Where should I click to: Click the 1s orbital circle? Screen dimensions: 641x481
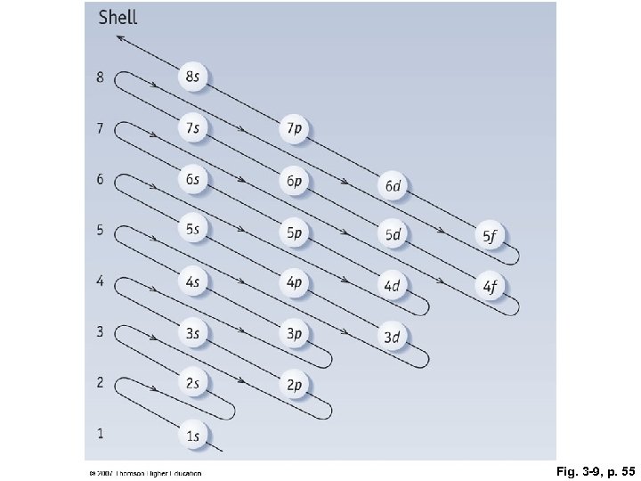point(193,435)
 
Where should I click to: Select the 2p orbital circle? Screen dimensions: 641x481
point(295,384)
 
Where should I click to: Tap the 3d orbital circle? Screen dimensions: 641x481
point(393,336)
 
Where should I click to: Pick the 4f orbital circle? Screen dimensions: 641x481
point(491,285)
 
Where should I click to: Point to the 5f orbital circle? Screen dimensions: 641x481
point(491,235)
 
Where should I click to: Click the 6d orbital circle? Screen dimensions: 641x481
point(393,185)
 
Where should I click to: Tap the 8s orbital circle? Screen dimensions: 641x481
point(193,77)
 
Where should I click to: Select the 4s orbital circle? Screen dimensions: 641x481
point(193,281)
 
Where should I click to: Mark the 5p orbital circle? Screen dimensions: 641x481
point(295,232)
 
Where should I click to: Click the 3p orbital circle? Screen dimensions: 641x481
point(295,333)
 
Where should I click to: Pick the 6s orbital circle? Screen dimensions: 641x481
point(193,179)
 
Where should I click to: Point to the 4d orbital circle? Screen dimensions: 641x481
point(393,285)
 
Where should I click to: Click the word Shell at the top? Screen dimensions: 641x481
point(118,17)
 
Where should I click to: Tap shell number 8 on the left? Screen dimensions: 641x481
point(101,77)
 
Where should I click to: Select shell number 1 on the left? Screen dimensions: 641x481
point(101,434)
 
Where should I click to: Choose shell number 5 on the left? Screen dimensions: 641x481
point(101,231)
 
